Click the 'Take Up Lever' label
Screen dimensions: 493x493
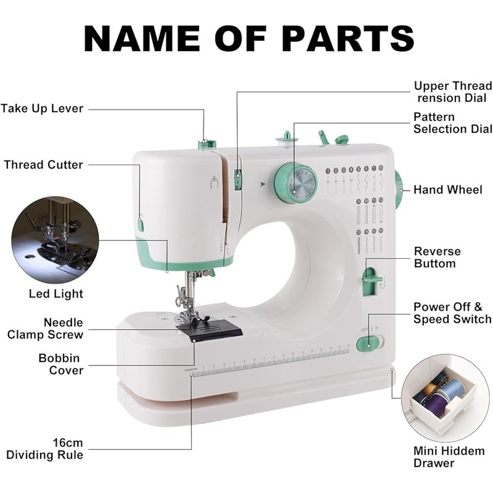click(x=42, y=109)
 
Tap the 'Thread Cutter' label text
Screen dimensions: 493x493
click(x=43, y=165)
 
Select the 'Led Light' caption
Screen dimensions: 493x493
click(x=55, y=294)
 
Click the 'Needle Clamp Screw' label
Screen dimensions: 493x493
click(x=45, y=328)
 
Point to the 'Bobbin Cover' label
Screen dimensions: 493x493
click(x=60, y=364)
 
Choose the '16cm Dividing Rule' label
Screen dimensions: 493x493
click(x=45, y=449)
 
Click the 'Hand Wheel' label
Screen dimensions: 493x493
click(x=447, y=190)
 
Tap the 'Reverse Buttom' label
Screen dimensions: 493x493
click(x=437, y=258)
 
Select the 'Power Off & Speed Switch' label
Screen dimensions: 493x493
click(x=452, y=313)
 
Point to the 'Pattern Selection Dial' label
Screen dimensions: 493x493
click(x=452, y=123)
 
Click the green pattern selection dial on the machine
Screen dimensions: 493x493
click(x=296, y=183)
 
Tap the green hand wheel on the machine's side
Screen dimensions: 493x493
click(x=399, y=190)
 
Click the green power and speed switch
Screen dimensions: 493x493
click(x=369, y=343)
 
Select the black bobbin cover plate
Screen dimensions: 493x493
click(x=210, y=330)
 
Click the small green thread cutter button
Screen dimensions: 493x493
click(x=141, y=225)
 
